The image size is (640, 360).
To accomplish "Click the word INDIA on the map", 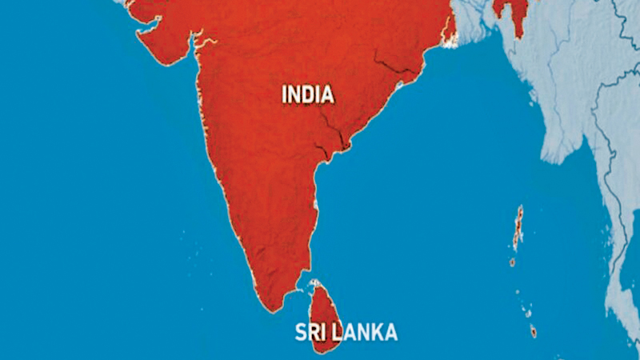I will coord(308,94).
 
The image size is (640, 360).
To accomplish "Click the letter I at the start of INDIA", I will coord(285,94).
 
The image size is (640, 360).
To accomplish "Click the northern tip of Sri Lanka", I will coord(314,282).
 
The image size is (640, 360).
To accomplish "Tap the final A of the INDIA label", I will coord(327,94).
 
